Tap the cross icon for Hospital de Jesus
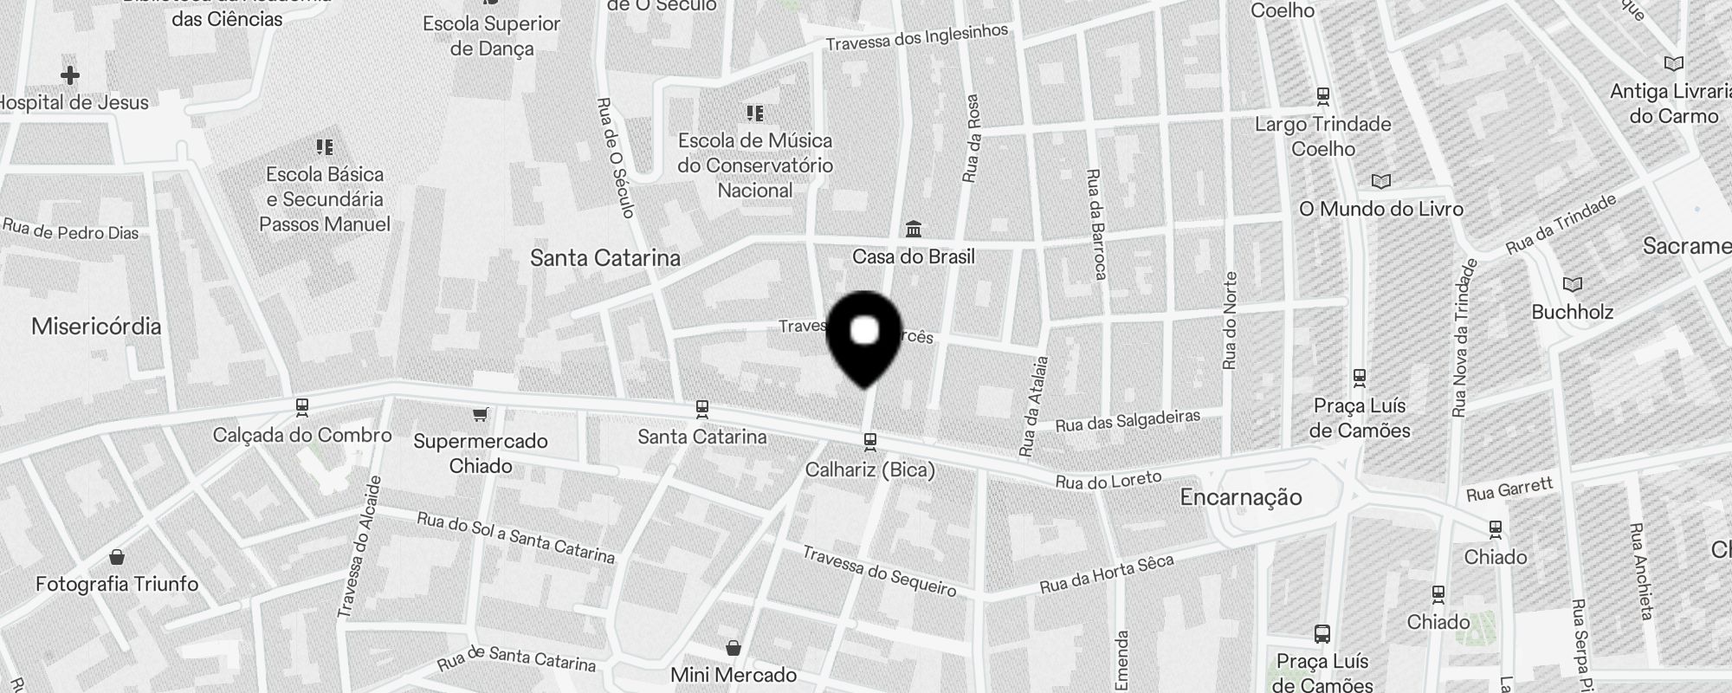70,75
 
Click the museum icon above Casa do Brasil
913,230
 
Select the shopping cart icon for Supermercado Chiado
480,415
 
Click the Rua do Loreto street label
1108,480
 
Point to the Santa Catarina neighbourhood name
604,258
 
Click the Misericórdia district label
96,327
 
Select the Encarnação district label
1240,497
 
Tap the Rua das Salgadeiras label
1128,421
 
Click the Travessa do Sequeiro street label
879,572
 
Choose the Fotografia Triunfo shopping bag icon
117,556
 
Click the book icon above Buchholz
1572,284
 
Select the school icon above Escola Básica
325,147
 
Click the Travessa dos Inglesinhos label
916,37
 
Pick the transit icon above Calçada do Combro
302,406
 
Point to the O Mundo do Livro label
1380,209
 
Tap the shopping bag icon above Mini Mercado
734,648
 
